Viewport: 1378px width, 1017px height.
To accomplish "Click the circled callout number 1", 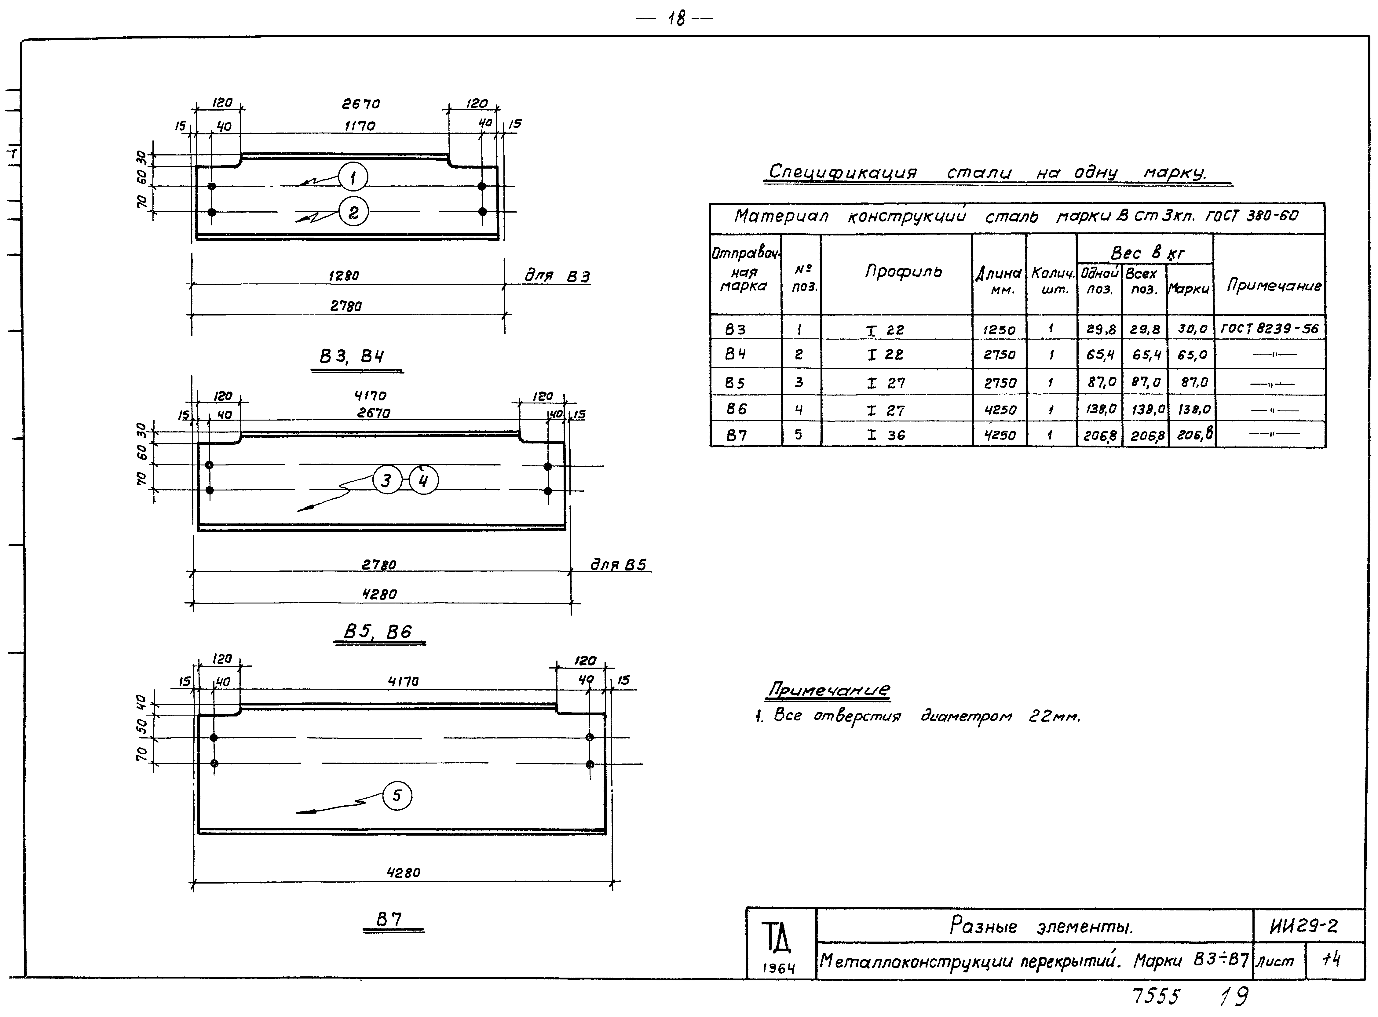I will click(353, 178).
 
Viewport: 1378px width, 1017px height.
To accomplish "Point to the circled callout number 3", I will click(387, 480).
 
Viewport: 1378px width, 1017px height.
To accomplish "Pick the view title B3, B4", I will click(351, 356).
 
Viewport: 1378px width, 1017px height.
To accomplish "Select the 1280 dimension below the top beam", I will click(344, 276).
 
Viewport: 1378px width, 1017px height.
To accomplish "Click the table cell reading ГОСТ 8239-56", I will click(1270, 329).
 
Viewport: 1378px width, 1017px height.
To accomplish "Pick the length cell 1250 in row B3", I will click(999, 330).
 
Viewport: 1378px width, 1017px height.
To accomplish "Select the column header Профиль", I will click(903, 272).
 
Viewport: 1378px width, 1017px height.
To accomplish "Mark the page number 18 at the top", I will click(676, 19).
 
